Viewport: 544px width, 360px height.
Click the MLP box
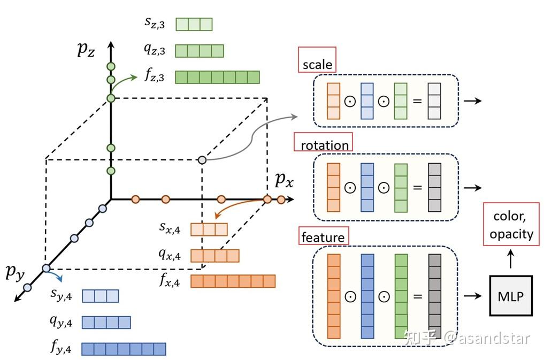coord(511,295)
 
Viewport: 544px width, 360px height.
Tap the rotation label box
coord(324,144)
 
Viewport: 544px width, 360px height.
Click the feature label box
coord(323,236)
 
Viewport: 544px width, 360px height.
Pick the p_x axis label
coord(284,180)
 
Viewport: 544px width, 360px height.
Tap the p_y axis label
coord(15,272)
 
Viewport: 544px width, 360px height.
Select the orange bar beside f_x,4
coord(233,281)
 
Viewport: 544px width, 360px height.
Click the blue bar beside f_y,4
coord(124,349)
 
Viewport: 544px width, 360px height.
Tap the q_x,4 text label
coord(170,256)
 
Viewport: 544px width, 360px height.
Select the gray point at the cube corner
coord(202,159)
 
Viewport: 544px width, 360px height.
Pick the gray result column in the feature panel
coord(434,296)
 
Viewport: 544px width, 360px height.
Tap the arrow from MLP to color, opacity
coord(511,260)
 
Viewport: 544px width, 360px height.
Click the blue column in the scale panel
coord(367,101)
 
